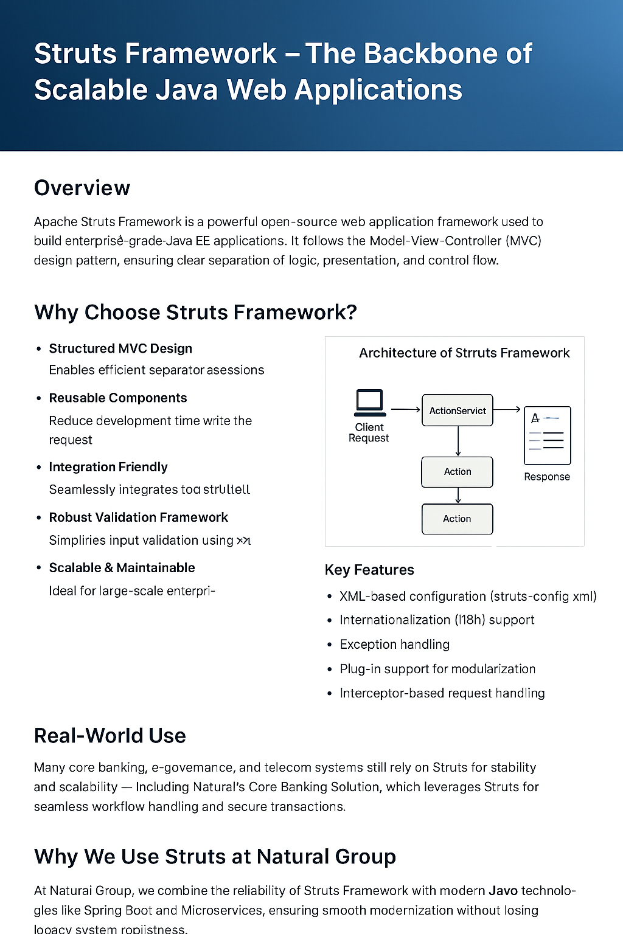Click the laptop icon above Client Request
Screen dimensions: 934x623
(369, 403)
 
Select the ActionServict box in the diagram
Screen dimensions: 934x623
(458, 410)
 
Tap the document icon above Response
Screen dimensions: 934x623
(547, 435)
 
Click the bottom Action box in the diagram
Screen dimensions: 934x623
(458, 519)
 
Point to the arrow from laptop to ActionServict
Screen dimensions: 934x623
(405, 410)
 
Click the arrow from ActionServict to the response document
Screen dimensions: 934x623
(507, 409)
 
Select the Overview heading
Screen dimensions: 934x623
(82, 188)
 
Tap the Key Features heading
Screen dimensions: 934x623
(369, 570)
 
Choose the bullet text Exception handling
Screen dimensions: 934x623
(395, 644)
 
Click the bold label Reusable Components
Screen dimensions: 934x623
(118, 398)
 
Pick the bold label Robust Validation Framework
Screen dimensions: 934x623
(139, 517)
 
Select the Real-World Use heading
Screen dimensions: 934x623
(110, 736)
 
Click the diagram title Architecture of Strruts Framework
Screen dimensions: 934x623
(464, 353)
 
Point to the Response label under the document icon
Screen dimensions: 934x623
(547, 477)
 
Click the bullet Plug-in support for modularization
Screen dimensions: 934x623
(437, 669)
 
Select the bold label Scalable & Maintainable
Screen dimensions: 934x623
(122, 567)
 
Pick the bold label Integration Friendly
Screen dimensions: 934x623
(108, 467)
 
